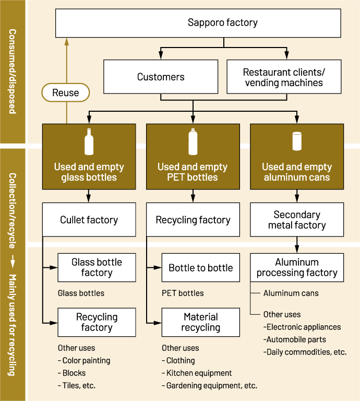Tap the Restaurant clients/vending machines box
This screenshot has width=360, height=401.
pos(284,77)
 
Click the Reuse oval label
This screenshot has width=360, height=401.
pos(66,93)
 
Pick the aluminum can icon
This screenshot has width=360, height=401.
pos(297,141)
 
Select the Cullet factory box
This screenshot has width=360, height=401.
pos(89,220)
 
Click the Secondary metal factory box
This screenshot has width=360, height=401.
pos(297,220)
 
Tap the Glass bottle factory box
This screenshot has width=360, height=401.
pos(97,267)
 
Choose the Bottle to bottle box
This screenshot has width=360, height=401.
pos(201,268)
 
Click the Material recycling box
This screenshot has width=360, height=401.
pos(201,322)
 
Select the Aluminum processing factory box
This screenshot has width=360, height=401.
pos(297,267)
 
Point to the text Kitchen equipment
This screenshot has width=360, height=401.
pos(199,373)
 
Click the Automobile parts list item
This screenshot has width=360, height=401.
pos(296,339)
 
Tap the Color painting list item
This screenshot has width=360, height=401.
pos(86,360)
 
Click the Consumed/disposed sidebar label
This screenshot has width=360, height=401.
pos(13,72)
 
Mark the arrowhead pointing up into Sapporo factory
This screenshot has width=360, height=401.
pos(66,42)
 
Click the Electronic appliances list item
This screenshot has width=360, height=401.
pos(303,327)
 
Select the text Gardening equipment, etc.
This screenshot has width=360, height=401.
pos(211,385)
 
